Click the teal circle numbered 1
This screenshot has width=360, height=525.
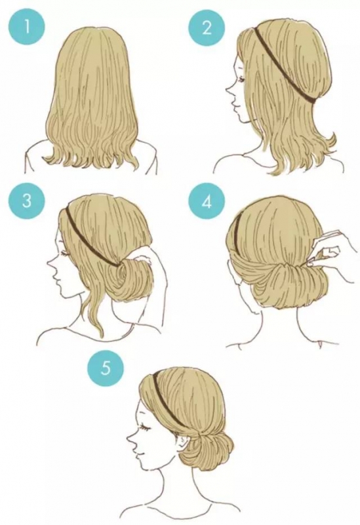click(x=27, y=27)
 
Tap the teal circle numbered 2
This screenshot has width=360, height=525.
click(x=207, y=27)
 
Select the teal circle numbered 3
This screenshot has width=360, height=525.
click(x=27, y=202)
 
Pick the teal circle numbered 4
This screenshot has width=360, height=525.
click(x=207, y=202)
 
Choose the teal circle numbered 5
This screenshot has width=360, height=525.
click(x=105, y=368)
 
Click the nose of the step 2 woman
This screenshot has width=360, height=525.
click(x=229, y=91)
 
